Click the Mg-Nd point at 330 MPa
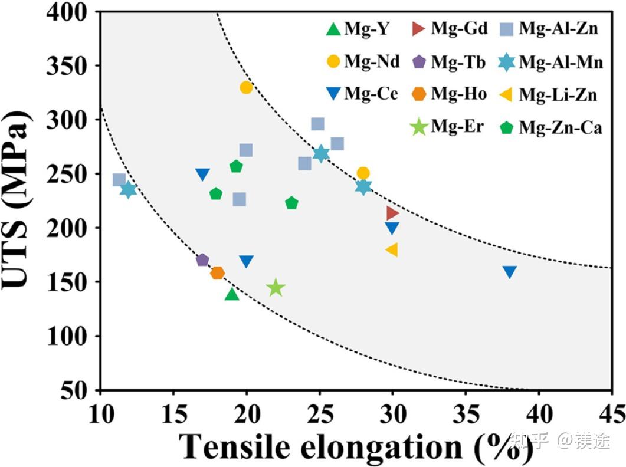(x=246, y=87)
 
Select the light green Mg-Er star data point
(x=276, y=288)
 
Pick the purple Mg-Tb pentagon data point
(x=202, y=260)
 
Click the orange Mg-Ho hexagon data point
(x=217, y=273)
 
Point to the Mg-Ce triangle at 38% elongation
(x=509, y=272)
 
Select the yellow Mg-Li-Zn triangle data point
(x=391, y=250)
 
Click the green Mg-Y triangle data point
(x=232, y=294)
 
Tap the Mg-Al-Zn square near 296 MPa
(x=317, y=124)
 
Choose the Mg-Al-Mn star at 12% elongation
(x=128, y=190)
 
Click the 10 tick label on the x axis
(x=101, y=410)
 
